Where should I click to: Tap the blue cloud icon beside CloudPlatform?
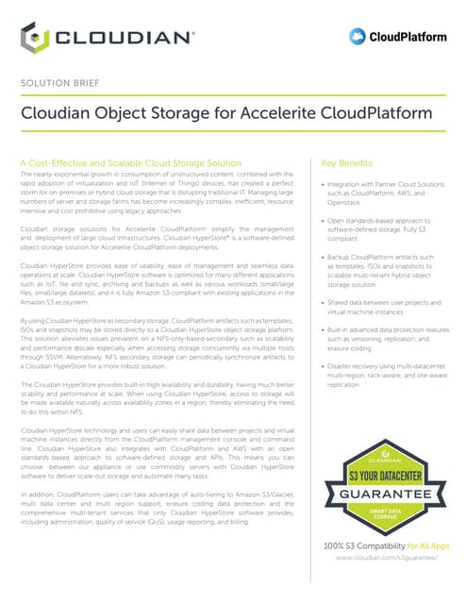click(358, 37)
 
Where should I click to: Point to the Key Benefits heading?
click(348, 162)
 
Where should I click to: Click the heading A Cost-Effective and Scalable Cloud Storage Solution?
click(135, 162)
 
